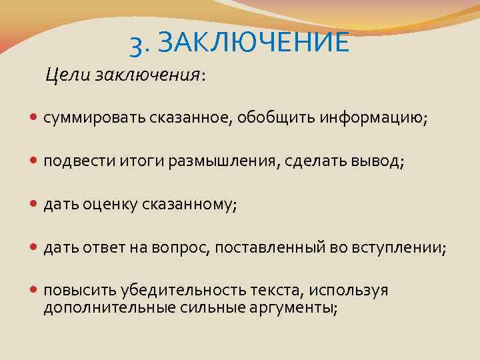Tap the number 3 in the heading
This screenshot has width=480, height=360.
pyautogui.click(x=137, y=45)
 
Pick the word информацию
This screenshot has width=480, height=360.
pyautogui.click(x=373, y=118)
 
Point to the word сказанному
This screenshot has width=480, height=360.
pyautogui.click(x=189, y=205)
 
